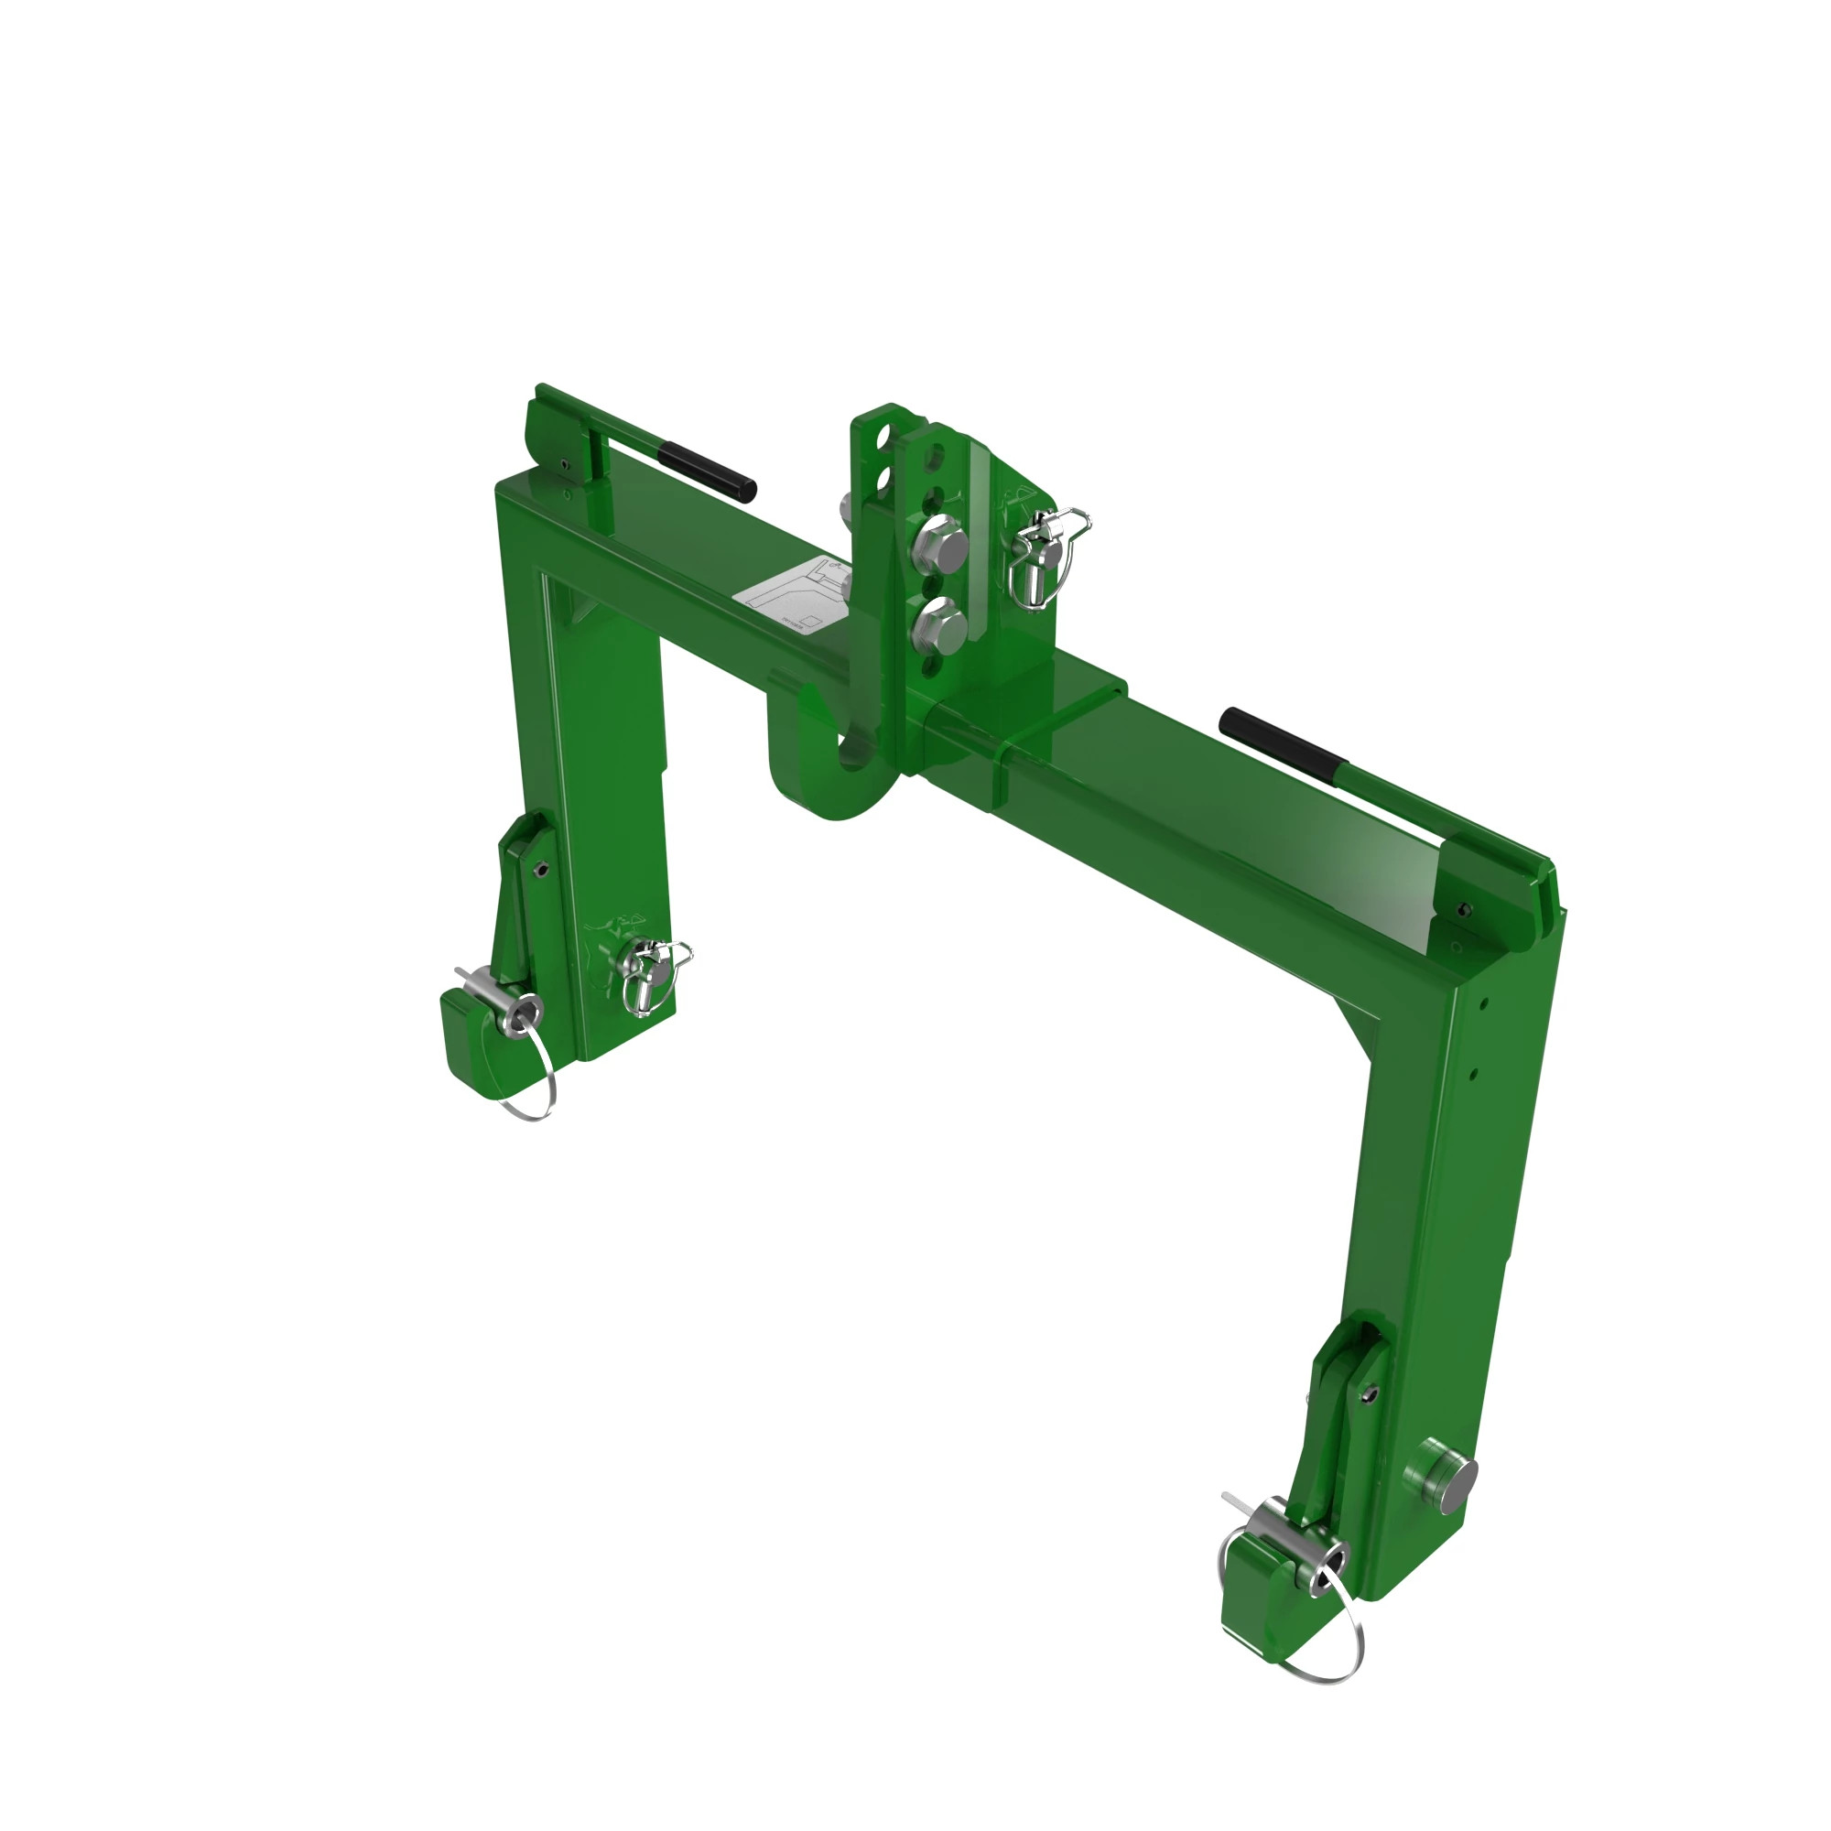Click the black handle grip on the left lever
[x=707, y=471]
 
